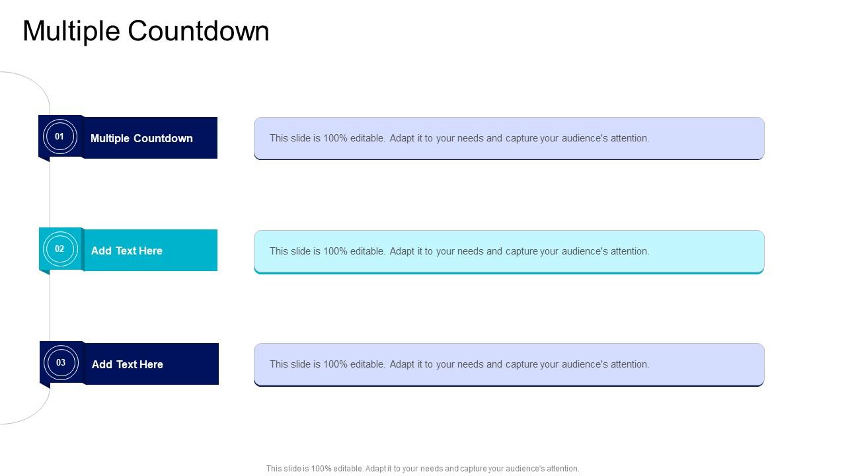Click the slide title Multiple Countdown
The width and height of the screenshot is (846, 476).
coord(146,31)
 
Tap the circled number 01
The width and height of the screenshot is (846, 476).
coord(59,137)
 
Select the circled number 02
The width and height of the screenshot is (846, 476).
coord(59,249)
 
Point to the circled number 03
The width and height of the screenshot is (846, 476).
coord(61,362)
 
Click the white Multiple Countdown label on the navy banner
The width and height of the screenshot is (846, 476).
coord(141,138)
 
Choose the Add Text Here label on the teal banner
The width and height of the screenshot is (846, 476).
coord(126,251)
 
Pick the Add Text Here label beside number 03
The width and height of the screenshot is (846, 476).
coord(127,364)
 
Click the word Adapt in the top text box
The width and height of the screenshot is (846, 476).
coord(403,138)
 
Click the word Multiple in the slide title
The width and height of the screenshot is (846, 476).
coord(71,31)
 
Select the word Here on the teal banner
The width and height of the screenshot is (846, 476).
coord(151,251)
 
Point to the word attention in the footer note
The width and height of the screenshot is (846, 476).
coord(561,469)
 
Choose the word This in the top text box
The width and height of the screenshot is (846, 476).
coord(279,138)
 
